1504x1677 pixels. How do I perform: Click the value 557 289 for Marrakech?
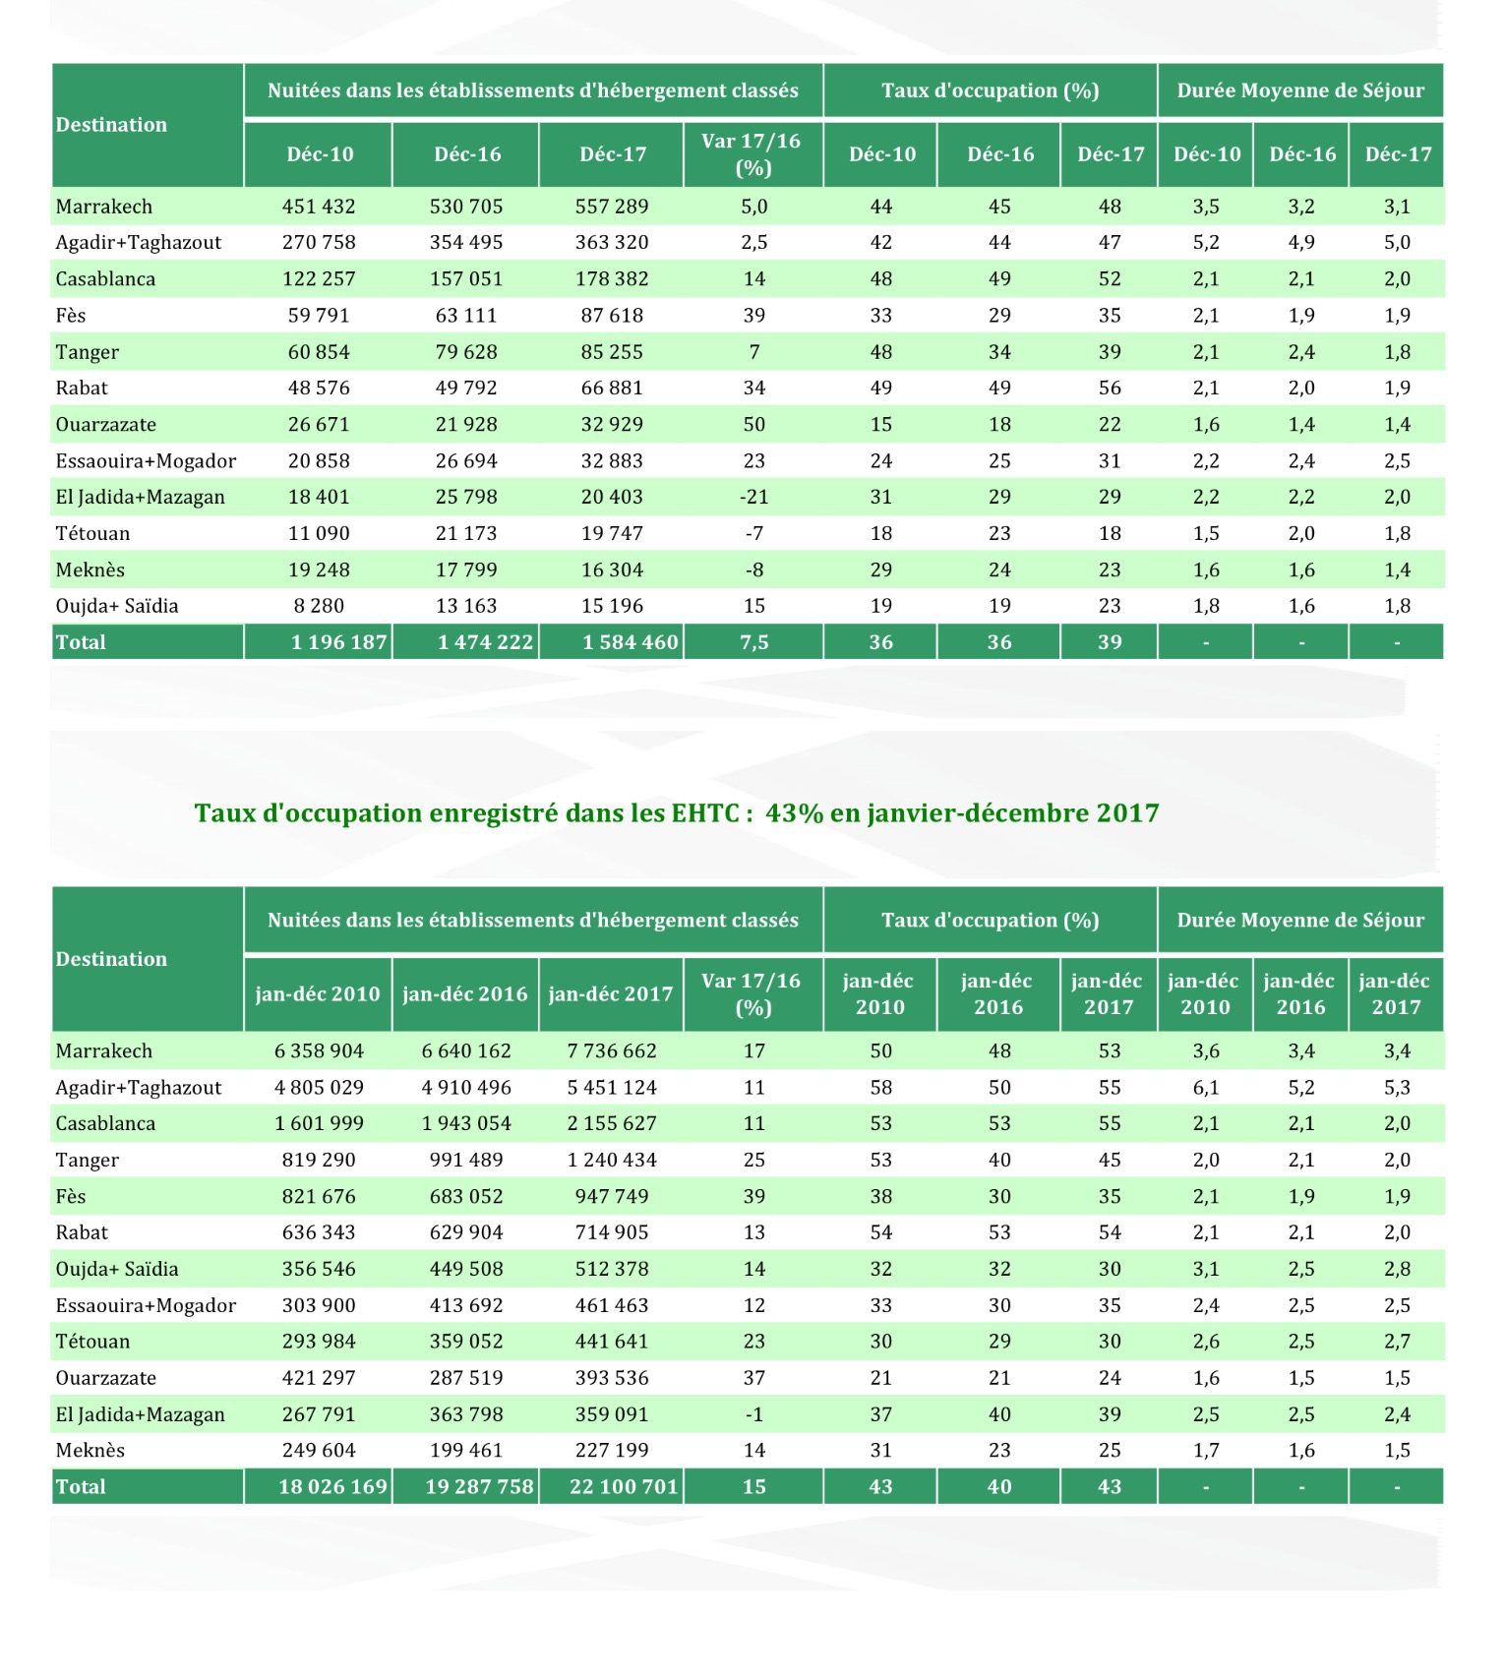[x=612, y=207]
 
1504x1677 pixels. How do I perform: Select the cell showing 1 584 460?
[x=630, y=642]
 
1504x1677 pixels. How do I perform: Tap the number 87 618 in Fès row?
[x=612, y=316]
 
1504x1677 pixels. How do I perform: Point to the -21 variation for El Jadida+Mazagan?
[x=753, y=498]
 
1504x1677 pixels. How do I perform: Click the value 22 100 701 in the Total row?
[x=624, y=1486]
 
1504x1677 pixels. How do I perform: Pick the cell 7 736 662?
[x=612, y=1050]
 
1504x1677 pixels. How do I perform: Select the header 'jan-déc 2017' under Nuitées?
[x=611, y=993]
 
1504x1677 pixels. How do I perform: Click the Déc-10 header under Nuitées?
[x=320, y=154]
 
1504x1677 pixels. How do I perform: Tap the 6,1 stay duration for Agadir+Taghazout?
[x=1206, y=1087]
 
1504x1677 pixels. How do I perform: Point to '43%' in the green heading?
[x=794, y=813]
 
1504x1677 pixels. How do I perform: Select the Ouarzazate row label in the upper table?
[x=105, y=425]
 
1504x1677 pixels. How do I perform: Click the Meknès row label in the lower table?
[x=90, y=1450]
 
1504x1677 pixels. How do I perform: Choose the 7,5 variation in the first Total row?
[x=753, y=642]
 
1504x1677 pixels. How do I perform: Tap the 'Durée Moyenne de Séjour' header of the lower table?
[x=1299, y=920]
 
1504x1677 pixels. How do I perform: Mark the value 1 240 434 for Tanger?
[x=612, y=1160]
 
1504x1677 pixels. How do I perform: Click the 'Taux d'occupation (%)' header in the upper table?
[x=990, y=90]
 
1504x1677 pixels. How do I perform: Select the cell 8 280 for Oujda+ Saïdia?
[x=319, y=606]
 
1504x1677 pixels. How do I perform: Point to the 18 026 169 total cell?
[x=332, y=1486]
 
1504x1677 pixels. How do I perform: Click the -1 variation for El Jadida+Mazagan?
[x=753, y=1414]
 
